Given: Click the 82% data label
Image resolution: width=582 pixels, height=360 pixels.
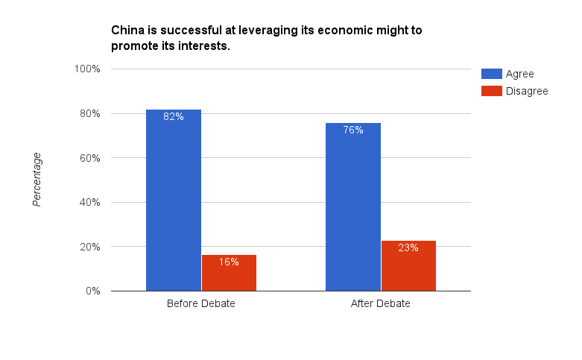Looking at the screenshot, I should pos(174,116).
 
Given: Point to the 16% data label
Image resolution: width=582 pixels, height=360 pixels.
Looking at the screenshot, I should pos(229,262).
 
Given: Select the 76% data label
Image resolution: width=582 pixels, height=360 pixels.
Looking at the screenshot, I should pos(353,130).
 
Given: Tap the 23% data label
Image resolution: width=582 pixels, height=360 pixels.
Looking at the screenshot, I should pos(408,247).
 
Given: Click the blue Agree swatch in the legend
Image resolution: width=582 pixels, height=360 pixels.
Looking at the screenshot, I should pos(491,74).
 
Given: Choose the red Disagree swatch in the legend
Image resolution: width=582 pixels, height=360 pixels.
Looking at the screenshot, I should pos(491,91).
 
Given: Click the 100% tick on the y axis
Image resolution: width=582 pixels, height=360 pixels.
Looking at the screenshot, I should pos(86,69).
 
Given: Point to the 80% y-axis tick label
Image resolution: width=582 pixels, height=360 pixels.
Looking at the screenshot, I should pos(89,113).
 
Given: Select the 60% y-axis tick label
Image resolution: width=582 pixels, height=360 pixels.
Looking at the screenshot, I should pos(89,158).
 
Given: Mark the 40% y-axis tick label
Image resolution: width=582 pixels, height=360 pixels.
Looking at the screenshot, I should pos(89,202).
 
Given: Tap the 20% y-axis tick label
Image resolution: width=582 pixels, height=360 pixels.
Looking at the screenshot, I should pos(89,247).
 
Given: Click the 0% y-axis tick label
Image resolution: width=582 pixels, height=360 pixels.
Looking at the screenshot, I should pos(92,291).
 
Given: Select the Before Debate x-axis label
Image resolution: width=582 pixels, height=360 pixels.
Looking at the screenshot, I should pos(201,304).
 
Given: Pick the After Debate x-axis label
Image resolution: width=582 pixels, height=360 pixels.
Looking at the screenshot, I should pos(381,304).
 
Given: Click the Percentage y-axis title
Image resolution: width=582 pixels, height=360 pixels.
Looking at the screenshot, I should pos(37,179).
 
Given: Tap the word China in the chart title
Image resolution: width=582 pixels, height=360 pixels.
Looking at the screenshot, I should pos(127,31).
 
